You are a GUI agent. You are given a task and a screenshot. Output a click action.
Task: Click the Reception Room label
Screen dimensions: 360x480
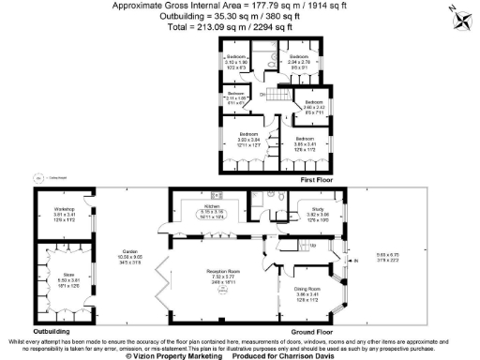pyautogui.click(x=222, y=277)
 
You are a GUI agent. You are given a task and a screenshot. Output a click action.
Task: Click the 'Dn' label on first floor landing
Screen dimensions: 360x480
pyautogui.click(x=263, y=96)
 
